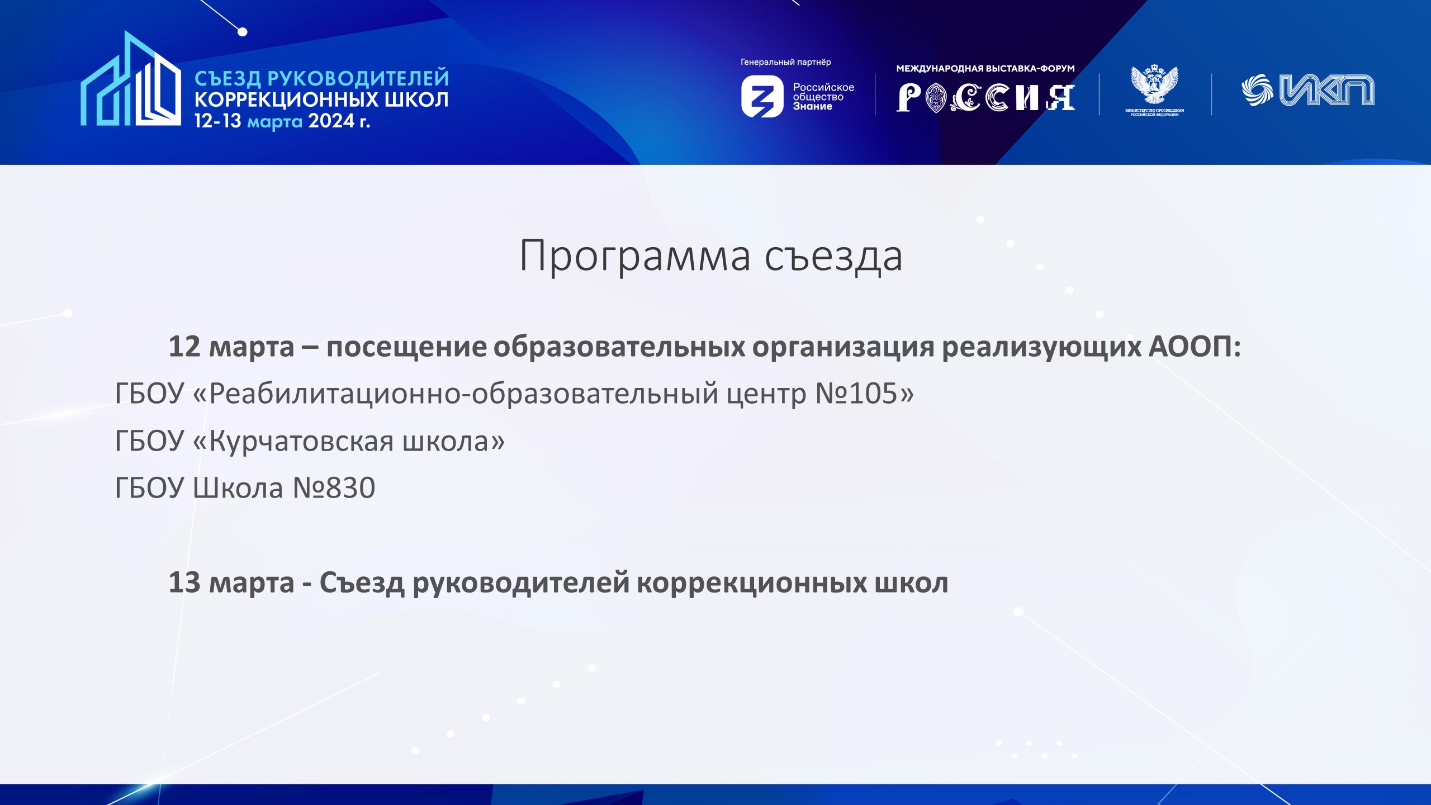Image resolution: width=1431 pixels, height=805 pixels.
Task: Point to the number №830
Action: click(334, 487)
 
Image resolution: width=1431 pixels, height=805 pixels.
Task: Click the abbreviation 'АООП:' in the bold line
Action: click(1194, 347)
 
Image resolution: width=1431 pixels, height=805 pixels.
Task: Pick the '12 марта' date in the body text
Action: click(231, 347)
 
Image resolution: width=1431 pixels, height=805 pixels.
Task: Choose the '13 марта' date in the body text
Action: click(231, 583)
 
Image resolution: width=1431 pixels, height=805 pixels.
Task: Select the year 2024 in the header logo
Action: click(331, 121)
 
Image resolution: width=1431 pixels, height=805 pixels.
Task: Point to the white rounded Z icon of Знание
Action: click(762, 97)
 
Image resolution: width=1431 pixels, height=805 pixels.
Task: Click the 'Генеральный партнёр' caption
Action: click(785, 62)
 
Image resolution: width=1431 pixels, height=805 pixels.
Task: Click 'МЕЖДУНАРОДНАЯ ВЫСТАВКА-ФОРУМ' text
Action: click(985, 69)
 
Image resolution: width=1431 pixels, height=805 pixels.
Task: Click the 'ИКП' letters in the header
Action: click(1327, 90)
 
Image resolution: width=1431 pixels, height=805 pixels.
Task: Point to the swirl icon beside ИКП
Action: click(1257, 90)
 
